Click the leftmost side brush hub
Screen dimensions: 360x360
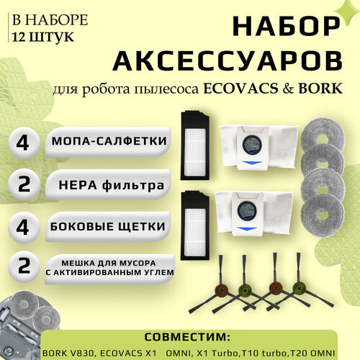(x=209, y=293)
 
